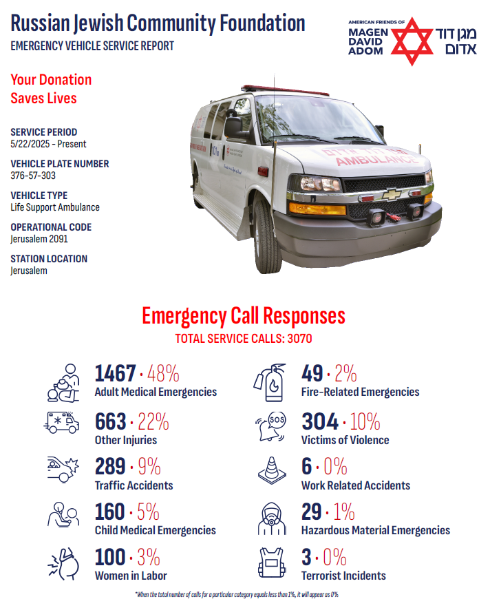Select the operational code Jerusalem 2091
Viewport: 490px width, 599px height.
click(39, 239)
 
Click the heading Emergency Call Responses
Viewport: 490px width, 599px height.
click(244, 316)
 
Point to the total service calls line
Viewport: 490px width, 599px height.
click(244, 339)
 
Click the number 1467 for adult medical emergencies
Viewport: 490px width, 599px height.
click(115, 374)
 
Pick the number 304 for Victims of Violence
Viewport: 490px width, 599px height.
click(320, 421)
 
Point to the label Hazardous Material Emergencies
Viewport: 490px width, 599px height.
click(376, 530)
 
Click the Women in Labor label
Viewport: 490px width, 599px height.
click(131, 576)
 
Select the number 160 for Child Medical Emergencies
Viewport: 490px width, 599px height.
click(110, 512)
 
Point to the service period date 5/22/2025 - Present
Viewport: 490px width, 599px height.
click(48, 144)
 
